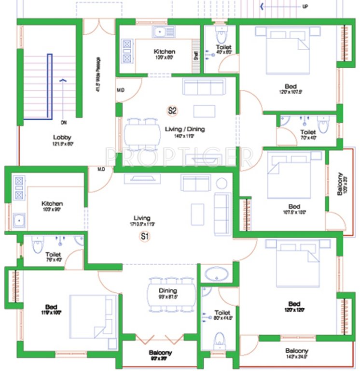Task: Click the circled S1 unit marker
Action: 143,237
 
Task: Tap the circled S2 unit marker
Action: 172,111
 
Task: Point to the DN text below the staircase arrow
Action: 63,123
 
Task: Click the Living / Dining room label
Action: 185,129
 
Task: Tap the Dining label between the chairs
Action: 167,291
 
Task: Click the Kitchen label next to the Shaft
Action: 164,52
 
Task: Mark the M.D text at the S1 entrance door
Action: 101,169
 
